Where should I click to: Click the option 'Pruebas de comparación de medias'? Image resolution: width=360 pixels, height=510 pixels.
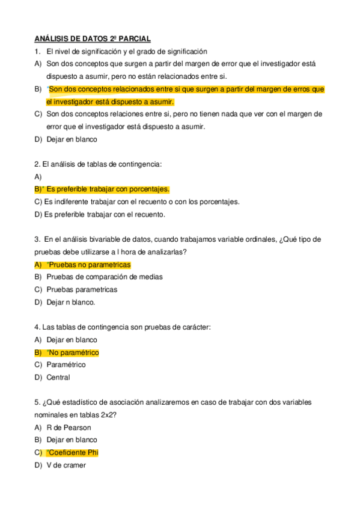(105, 277)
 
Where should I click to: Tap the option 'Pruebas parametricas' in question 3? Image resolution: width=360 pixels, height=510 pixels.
(82, 290)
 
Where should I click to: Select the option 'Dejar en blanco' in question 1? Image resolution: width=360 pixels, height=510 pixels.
(72, 140)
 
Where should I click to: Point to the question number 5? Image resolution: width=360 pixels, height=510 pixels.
(37, 402)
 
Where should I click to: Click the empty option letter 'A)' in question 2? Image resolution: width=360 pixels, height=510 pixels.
(38, 177)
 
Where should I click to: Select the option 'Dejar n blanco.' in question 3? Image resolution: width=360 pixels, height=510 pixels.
(71, 303)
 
